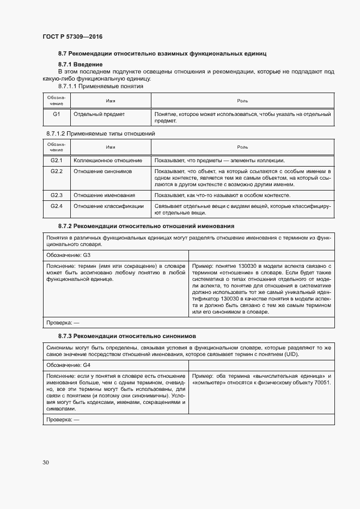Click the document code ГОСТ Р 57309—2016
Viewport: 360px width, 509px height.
(72, 37)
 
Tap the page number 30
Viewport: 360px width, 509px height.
(46, 462)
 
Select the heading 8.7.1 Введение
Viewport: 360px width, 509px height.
(80, 65)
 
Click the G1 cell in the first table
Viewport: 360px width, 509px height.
(56, 115)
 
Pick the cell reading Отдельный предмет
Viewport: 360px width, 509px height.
(99, 115)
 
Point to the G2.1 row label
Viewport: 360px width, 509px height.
(57, 161)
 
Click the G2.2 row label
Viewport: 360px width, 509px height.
(57, 171)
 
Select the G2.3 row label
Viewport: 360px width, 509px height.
(57, 195)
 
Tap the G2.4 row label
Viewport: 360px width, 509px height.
(57, 206)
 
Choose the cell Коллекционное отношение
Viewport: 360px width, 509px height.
(108, 161)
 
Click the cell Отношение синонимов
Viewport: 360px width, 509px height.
(102, 171)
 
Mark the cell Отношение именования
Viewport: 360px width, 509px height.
(105, 195)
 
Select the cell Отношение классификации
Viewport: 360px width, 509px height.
(108, 206)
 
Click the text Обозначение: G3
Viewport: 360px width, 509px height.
(68, 255)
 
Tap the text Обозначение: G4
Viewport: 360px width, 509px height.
(68, 365)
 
